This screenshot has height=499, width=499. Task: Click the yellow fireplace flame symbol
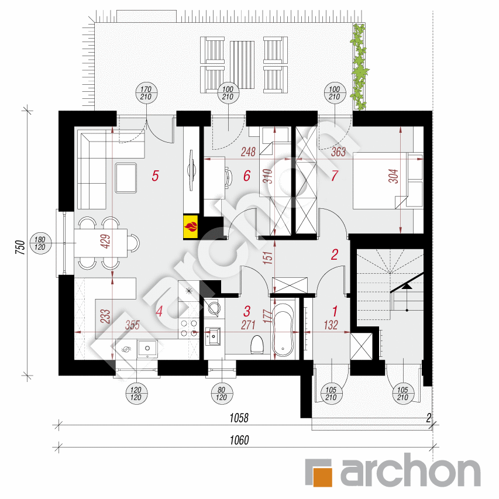[x=191, y=226]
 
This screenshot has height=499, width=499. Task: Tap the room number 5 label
[x=155, y=175]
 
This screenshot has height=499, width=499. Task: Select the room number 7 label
[x=334, y=175]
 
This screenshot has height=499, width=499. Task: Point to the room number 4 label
[x=159, y=312]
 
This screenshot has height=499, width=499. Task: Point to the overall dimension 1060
[x=238, y=441]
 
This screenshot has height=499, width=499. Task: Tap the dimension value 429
[x=106, y=242]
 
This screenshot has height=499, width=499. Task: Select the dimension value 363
[x=339, y=152]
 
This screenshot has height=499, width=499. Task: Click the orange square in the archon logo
[x=319, y=472]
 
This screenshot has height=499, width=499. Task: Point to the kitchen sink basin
[x=147, y=349]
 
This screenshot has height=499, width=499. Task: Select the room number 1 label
[x=335, y=310]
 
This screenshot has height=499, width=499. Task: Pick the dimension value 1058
[x=238, y=418]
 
